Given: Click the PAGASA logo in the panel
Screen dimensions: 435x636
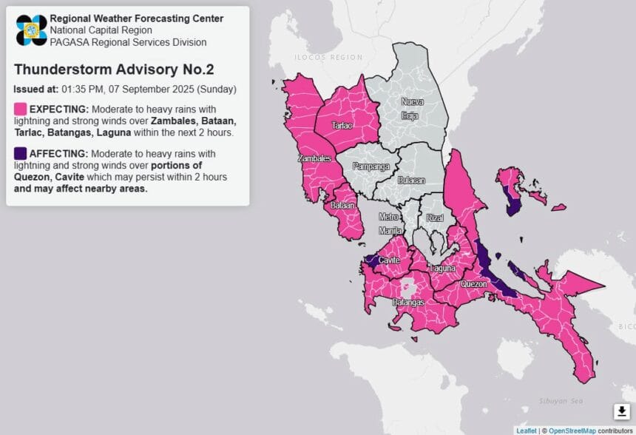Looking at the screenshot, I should pos(30,30).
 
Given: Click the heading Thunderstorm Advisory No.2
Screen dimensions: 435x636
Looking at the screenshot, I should pos(113,70).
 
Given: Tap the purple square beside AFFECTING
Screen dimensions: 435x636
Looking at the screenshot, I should pos(20,153).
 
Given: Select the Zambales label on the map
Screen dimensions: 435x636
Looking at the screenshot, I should pos(314,158).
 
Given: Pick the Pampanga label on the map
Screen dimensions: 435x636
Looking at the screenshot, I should pos(371,166).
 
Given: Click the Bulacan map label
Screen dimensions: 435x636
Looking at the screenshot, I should pos(410,180).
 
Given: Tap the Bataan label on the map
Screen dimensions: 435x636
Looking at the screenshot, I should pos(340,205).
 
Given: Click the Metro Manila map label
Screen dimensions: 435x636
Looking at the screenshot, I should pos(389,223).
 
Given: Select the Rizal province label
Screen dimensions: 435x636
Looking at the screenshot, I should pos(434,218).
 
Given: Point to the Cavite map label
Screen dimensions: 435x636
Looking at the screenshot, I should pos(389,260).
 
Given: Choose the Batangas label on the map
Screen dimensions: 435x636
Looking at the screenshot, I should pos(407,303).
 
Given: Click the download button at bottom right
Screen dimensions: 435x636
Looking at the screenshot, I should pos(620,411).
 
